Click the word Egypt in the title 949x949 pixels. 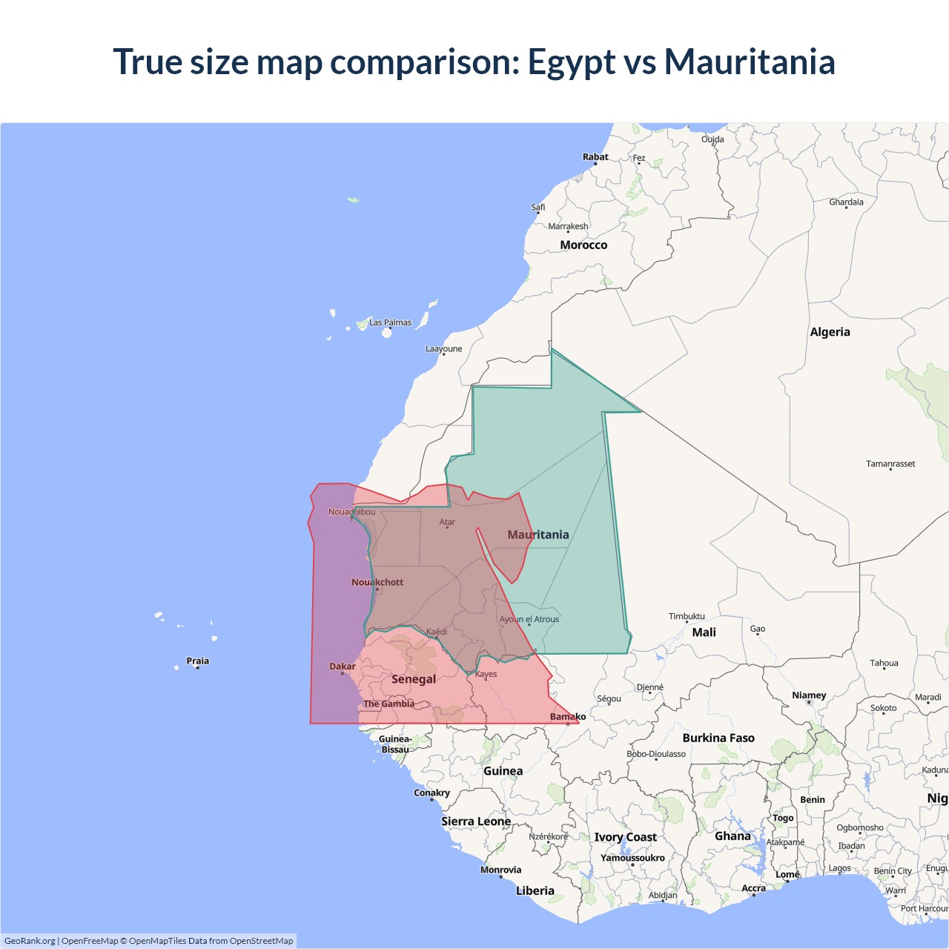[571, 62]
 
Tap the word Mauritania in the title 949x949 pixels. [750, 62]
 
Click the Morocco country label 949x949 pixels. [583, 245]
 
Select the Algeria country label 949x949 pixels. [830, 332]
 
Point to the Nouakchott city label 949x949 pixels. [377, 582]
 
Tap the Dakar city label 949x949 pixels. [343, 667]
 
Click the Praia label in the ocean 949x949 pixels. [198, 661]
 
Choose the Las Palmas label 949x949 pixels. [390, 323]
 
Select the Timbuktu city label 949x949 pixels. [687, 616]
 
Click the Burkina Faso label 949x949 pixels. [718, 738]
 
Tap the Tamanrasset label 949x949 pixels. [890, 464]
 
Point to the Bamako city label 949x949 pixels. [568, 716]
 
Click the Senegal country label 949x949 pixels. [414, 679]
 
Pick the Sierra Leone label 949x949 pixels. [476, 821]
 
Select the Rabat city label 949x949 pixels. [595, 157]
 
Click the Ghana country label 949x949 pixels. [733, 836]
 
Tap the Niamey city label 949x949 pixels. [809, 695]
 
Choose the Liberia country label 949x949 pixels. [535, 891]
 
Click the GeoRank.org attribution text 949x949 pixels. [30, 941]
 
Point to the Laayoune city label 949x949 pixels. [443, 348]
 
